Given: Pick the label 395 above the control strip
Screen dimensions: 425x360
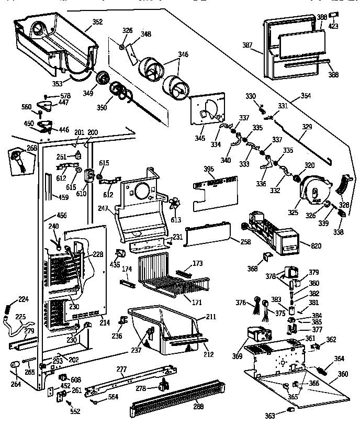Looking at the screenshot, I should click(x=209, y=169).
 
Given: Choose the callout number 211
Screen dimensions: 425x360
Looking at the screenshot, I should click(x=210, y=317).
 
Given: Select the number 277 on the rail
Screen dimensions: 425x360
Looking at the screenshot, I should click(x=121, y=370).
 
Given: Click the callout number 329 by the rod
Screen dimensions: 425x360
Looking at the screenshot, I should click(x=307, y=127).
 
